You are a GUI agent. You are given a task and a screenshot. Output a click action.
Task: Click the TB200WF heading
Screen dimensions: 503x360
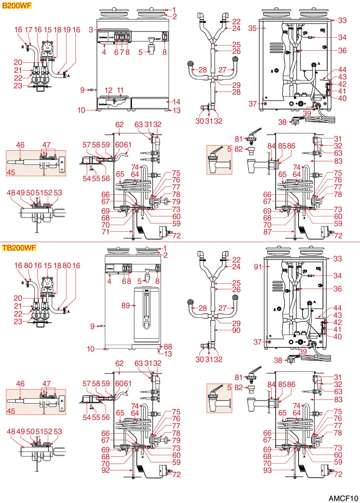pos(16,248)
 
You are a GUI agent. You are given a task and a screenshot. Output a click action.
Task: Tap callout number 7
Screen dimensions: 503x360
pos(122,52)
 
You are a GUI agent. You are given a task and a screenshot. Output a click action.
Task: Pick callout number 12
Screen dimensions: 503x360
pos(109,90)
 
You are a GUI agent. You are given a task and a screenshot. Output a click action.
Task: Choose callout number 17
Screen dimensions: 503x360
pos(29,29)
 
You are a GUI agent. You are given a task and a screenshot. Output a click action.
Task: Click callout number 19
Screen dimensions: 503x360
pos(66,29)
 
